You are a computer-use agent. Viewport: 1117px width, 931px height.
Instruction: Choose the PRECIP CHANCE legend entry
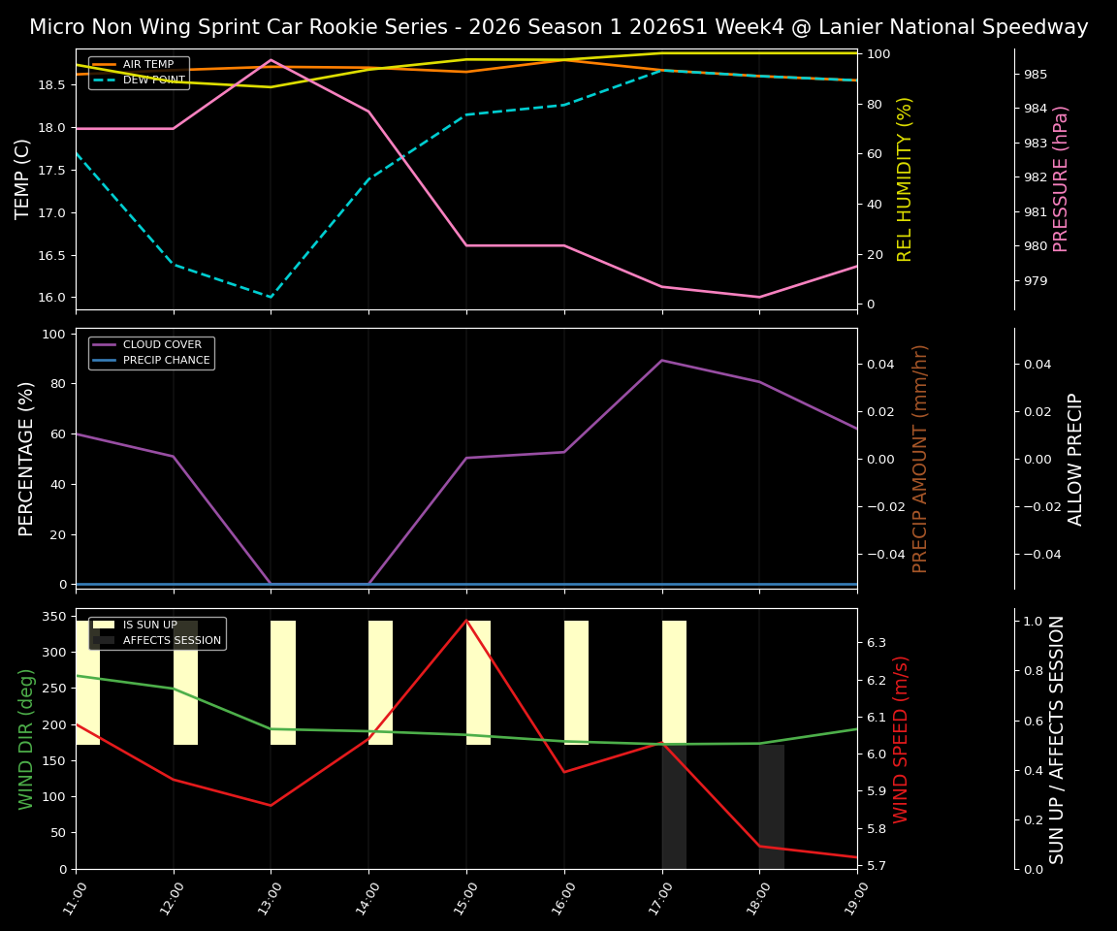(166, 361)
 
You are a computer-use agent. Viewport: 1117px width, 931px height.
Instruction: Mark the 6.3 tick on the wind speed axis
(877, 643)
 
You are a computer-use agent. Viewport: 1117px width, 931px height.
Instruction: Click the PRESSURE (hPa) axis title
(1061, 178)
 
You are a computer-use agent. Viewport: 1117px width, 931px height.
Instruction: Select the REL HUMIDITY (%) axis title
(906, 178)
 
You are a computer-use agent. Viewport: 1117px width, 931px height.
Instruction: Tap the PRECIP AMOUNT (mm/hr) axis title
(920, 458)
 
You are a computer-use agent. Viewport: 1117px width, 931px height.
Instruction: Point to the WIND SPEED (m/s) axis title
(902, 739)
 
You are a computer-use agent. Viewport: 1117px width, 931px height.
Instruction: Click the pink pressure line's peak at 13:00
(271, 59)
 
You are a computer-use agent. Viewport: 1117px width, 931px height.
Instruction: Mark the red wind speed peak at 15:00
(466, 620)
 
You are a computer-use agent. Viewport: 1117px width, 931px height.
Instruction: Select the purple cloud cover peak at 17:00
(662, 360)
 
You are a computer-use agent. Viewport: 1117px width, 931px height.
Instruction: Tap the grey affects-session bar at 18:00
(771, 805)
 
